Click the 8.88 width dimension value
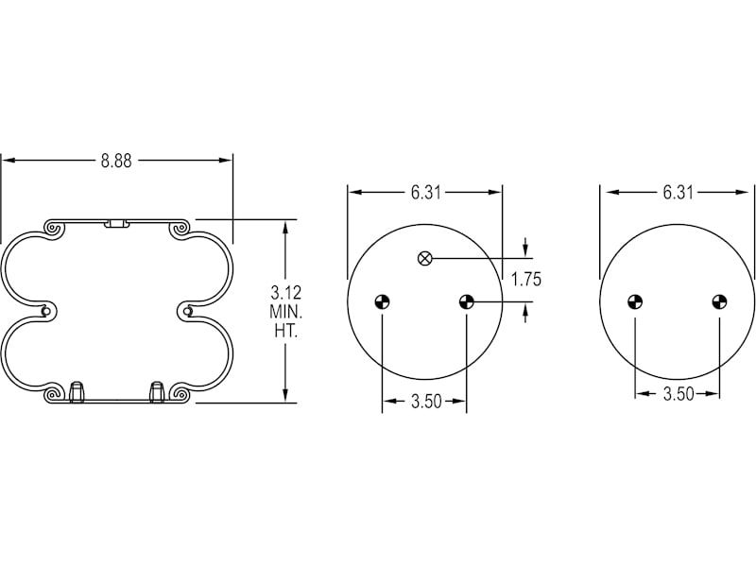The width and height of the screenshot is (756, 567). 116,161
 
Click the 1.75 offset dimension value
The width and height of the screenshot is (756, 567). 525,279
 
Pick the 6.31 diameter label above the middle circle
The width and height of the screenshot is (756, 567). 425,193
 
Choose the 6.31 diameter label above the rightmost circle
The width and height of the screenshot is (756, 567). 678,193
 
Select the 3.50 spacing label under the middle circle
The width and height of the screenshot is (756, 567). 425,403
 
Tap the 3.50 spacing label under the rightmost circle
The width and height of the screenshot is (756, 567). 678,394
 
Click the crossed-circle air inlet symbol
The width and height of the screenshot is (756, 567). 425,258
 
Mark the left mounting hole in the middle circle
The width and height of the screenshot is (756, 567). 383,302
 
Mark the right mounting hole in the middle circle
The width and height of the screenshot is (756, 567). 466,302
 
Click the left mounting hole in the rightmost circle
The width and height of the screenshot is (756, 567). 635,302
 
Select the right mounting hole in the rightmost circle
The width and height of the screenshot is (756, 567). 719,302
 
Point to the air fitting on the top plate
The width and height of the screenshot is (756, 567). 117,224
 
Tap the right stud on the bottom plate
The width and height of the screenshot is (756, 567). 157,390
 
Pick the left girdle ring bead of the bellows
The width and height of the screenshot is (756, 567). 46,311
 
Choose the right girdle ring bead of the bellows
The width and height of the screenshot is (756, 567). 188,311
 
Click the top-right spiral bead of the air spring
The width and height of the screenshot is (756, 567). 179,229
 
